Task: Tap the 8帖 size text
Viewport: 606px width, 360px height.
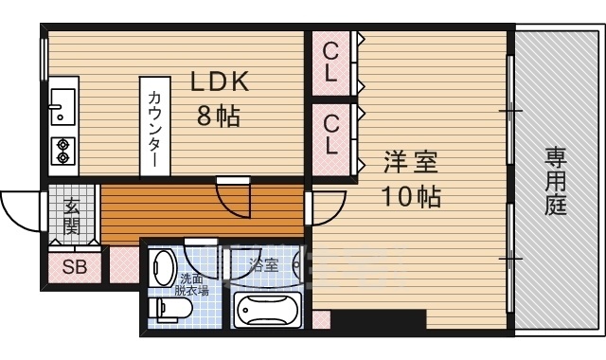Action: [219, 117]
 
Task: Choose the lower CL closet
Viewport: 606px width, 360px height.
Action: [331, 134]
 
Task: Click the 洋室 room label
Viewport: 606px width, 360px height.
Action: [411, 163]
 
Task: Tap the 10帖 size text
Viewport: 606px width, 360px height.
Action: [412, 197]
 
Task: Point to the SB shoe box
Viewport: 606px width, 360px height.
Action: [74, 267]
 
